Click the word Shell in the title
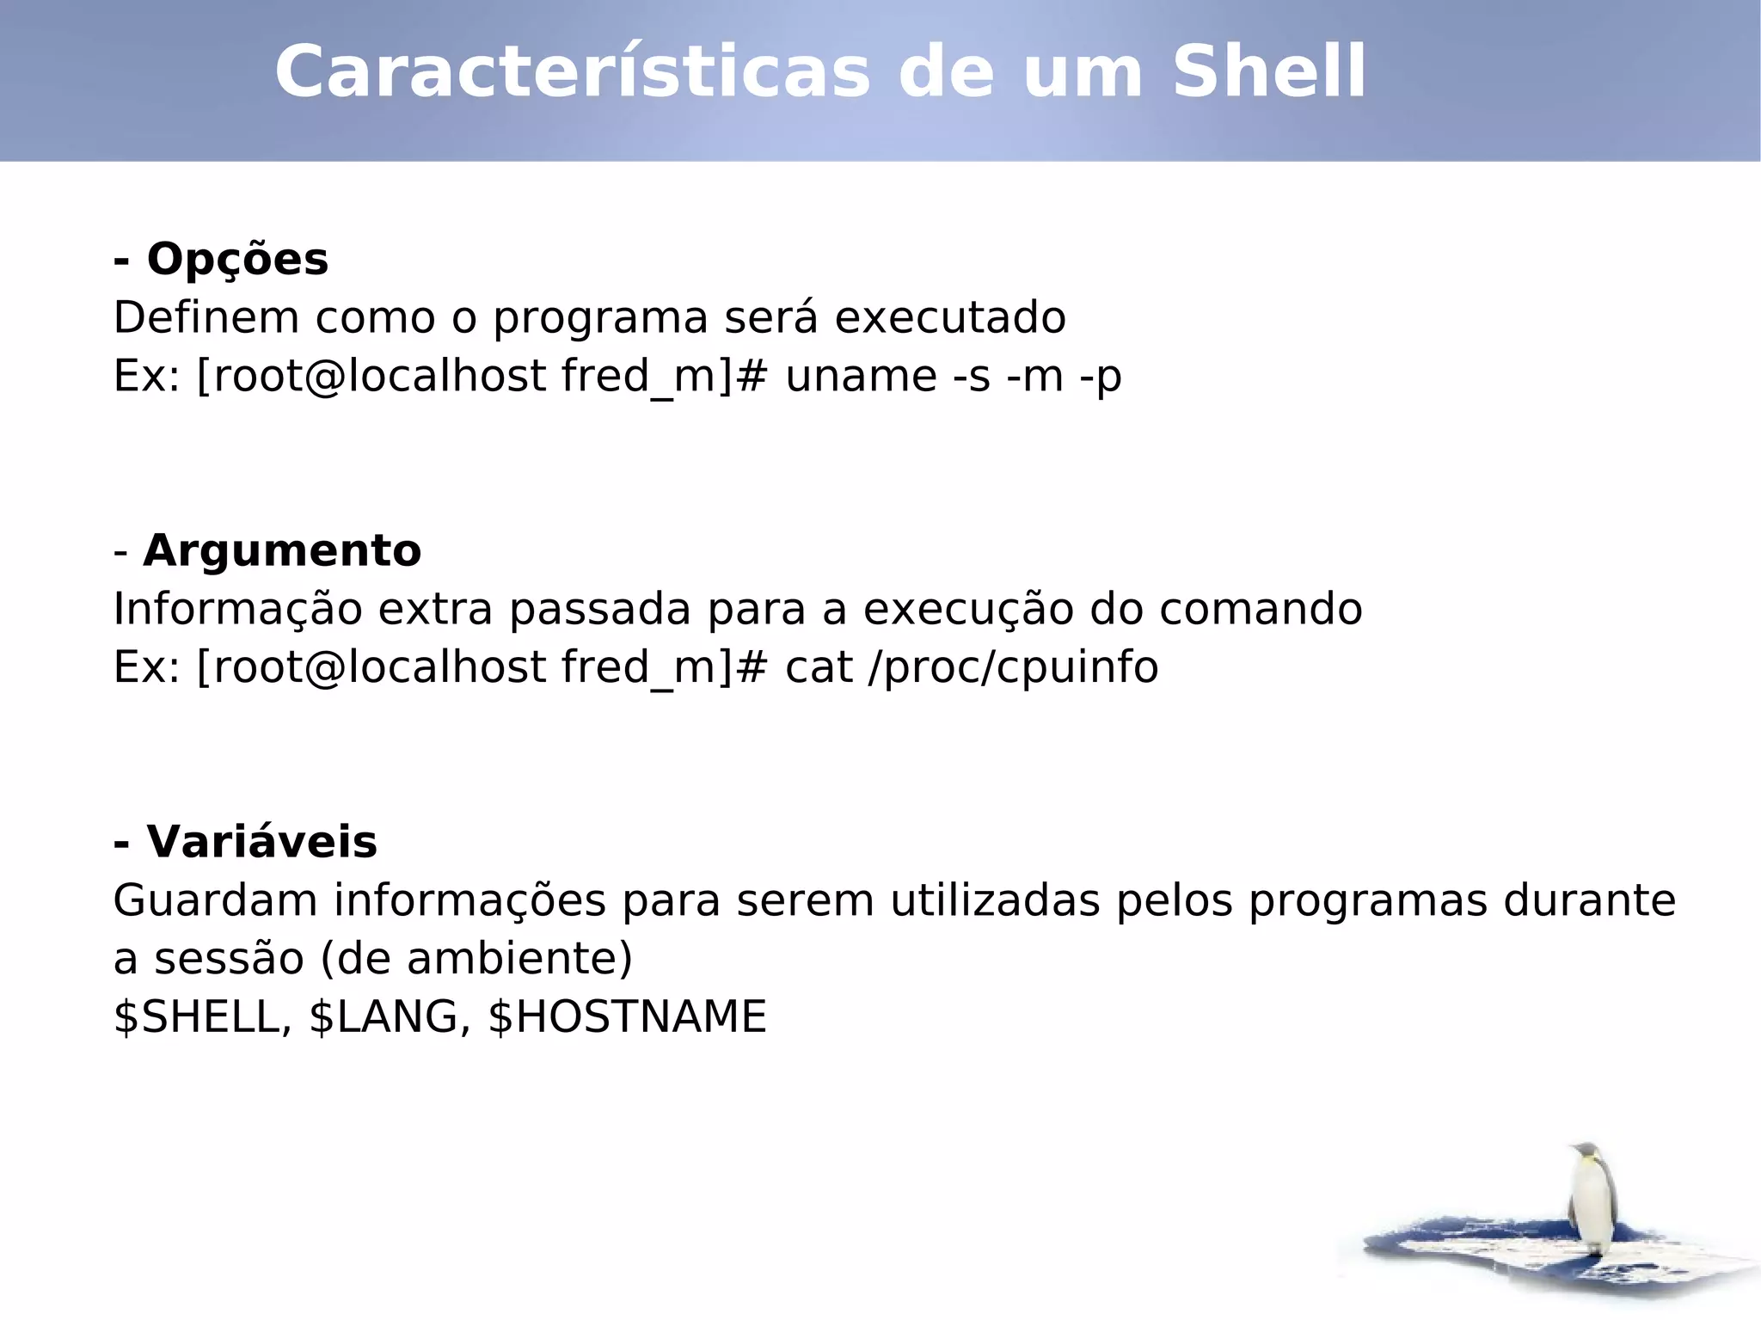pyautogui.click(x=1268, y=72)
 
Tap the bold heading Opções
pyautogui.click(x=237, y=259)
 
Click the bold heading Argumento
pyautogui.click(x=282, y=550)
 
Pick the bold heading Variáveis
pyautogui.click(x=261, y=841)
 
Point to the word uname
pyautogui.click(x=861, y=377)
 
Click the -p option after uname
pyautogui.click(x=1101, y=377)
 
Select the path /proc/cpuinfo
pyautogui.click(x=1013, y=667)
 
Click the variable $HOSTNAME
pyautogui.click(x=627, y=1017)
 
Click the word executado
pyautogui.click(x=950, y=317)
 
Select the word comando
pyautogui.click(x=1261, y=609)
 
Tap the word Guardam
pyautogui.click(x=215, y=900)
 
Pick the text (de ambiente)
pyautogui.click(x=476, y=958)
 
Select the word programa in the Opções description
pyautogui.click(x=600, y=318)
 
